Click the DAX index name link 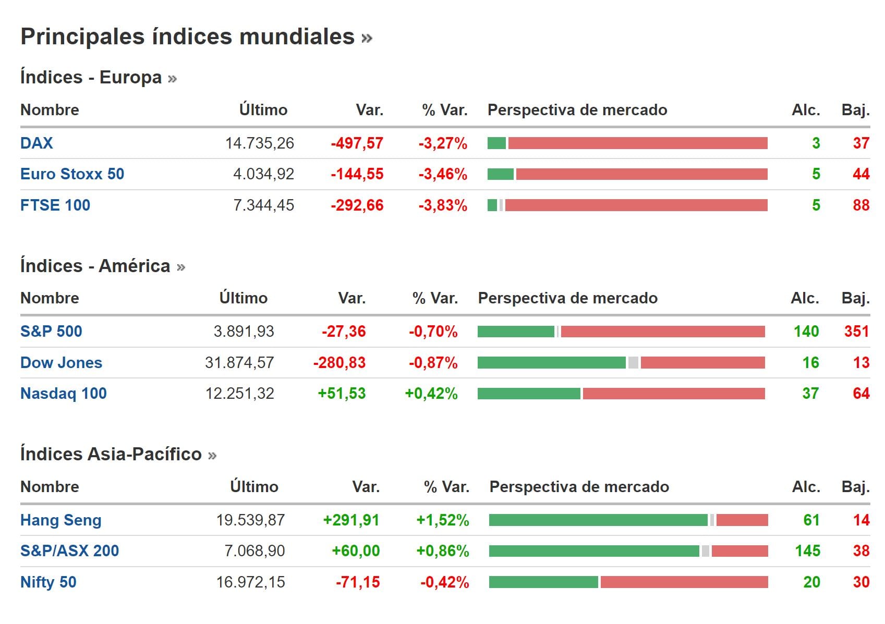click(37, 143)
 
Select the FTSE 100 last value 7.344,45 click(263, 205)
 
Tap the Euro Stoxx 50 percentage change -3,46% click(443, 174)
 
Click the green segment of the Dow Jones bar click(551, 362)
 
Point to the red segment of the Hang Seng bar click(742, 520)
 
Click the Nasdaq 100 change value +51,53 click(342, 393)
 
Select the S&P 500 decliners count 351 click(856, 331)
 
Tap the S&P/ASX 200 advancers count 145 click(807, 550)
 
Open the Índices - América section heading click(95, 266)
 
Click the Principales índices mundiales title click(188, 37)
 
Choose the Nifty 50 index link click(49, 582)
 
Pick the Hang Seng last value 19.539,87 click(250, 520)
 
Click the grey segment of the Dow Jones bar click(633, 362)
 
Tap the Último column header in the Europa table click(263, 110)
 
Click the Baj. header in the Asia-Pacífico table click(855, 487)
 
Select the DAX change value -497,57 click(357, 143)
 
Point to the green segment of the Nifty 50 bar click(543, 582)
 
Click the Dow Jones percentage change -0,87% click(433, 362)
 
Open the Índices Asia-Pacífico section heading click(111, 454)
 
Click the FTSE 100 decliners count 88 click(861, 205)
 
